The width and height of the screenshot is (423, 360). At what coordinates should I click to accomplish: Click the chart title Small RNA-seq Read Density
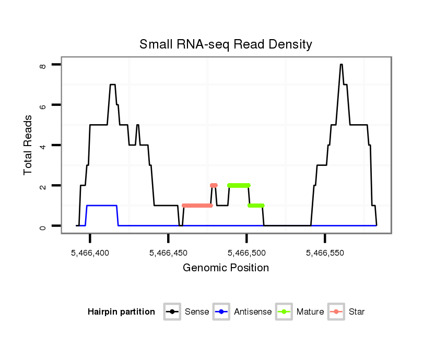pyautogui.click(x=226, y=44)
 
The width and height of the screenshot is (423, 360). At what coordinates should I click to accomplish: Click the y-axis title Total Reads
pyautogui.click(x=29, y=145)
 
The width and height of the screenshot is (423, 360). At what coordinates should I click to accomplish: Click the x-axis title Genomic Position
pyautogui.click(x=226, y=268)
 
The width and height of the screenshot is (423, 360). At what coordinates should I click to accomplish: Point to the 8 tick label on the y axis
pyautogui.click(x=43, y=65)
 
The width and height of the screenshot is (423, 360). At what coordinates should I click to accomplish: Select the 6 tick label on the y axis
pyautogui.click(x=43, y=105)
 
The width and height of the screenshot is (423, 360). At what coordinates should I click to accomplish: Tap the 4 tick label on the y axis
pyautogui.click(x=43, y=145)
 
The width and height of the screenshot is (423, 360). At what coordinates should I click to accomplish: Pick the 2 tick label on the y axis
pyautogui.click(x=43, y=186)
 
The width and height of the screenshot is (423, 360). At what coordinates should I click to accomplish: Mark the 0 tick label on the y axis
pyautogui.click(x=43, y=226)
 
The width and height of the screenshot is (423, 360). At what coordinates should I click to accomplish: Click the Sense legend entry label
pyautogui.click(x=197, y=312)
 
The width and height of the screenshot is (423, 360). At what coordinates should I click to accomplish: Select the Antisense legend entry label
pyautogui.click(x=253, y=312)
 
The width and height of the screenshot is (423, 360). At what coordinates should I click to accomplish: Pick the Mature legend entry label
pyautogui.click(x=310, y=312)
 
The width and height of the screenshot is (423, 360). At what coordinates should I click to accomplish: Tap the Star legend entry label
pyautogui.click(x=357, y=312)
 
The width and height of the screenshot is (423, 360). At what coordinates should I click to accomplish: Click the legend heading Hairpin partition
pyautogui.click(x=122, y=312)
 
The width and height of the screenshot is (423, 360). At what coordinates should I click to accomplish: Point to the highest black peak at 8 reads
pyautogui.click(x=341, y=65)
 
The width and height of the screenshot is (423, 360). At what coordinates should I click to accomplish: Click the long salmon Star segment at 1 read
pyautogui.click(x=197, y=206)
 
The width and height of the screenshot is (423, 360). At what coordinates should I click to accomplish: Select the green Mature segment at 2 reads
pyautogui.click(x=239, y=185)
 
